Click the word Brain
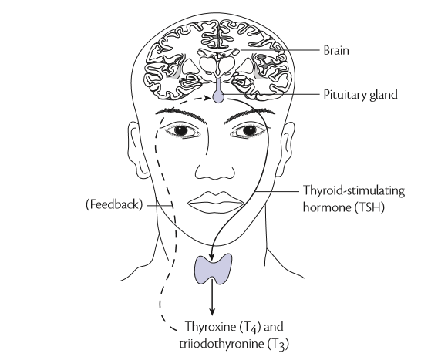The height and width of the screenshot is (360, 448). [336, 50]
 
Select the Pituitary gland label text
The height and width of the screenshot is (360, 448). [360, 94]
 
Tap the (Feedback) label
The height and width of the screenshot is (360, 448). [114, 204]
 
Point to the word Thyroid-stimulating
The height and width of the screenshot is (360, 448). [354, 190]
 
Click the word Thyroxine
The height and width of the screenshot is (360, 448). [210, 326]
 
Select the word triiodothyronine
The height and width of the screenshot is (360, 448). [222, 343]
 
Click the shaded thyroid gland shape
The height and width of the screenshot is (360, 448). [213, 268]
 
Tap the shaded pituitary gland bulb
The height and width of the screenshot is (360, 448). [218, 96]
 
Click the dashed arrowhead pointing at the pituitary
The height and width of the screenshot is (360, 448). [207, 98]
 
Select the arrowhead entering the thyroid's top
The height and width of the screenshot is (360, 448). [211, 257]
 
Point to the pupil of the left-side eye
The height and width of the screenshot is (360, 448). [180, 130]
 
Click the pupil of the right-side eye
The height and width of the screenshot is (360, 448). [249, 130]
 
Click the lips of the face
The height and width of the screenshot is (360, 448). [216, 202]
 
